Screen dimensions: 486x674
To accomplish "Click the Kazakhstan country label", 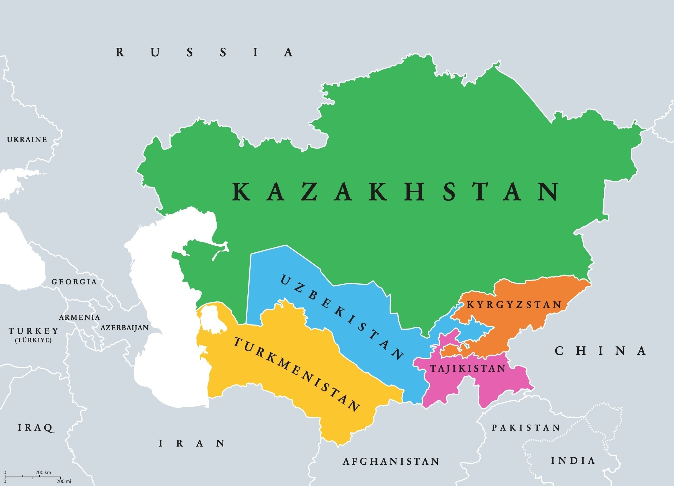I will (395, 192).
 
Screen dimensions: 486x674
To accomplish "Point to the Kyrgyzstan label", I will (514, 305).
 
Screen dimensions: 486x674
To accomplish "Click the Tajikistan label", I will (468, 369).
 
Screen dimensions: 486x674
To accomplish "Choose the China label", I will (600, 351).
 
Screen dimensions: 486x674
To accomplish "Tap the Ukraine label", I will (27, 140).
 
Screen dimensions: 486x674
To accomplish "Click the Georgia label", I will (74, 282).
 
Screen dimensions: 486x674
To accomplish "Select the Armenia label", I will (79, 318).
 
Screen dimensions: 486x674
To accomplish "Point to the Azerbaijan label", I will (124, 328).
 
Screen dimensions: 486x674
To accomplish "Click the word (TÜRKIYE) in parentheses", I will (33, 340).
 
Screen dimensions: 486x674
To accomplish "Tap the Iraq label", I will (36, 428).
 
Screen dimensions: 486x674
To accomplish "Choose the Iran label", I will (192, 444).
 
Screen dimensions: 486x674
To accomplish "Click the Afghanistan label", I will (391, 461).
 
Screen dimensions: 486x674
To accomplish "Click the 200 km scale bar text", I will (43, 472).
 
